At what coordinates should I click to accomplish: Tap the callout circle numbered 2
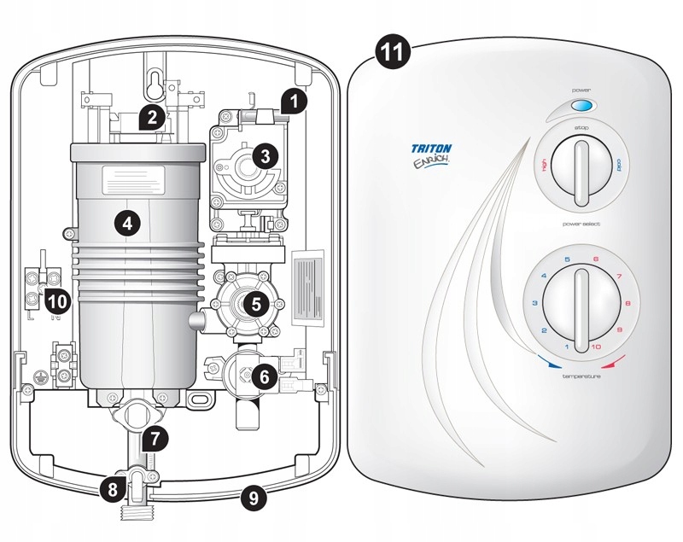coord(151,117)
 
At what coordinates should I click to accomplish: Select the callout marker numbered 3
coord(266,156)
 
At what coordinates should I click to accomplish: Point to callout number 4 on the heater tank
coord(126,224)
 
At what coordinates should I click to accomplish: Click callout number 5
coord(254,302)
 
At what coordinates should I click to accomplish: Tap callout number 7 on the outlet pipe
coord(154,440)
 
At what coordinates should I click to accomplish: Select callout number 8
coord(111,489)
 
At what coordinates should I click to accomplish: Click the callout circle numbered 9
coord(252,496)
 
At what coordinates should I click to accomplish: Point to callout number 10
coord(56,300)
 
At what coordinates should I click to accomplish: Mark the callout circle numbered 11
coord(392,52)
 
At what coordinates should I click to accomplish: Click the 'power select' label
coord(581,224)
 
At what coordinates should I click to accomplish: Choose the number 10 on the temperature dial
coord(595,347)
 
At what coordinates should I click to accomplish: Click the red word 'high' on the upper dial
coord(543,165)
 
